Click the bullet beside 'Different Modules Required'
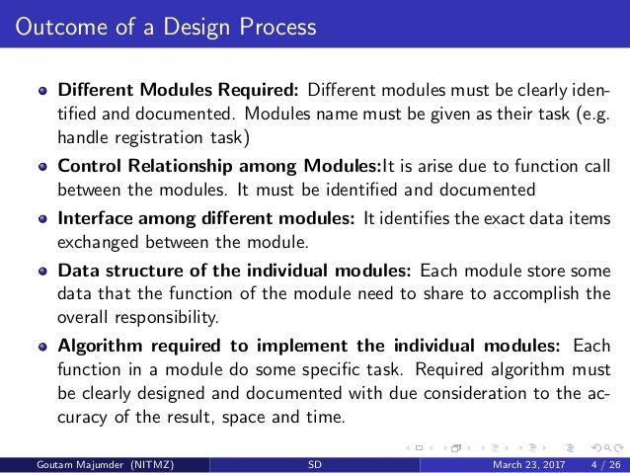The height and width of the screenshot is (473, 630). point(43,93)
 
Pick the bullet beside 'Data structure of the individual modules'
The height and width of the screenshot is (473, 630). point(43,269)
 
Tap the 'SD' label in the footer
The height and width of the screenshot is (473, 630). point(315,465)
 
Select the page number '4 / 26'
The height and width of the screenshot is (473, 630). point(597,465)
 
